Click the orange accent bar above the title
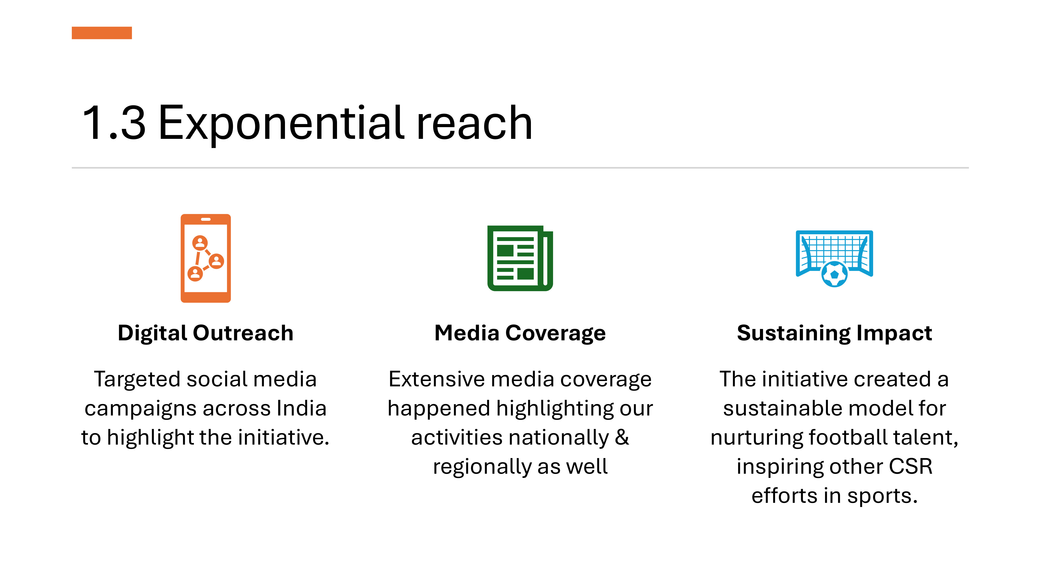tap(102, 33)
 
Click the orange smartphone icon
tap(206, 258)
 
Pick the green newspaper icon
tap(520, 258)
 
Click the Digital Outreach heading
tap(206, 334)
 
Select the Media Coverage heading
tap(520, 334)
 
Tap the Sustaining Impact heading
tap(835, 334)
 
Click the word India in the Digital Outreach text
tap(301, 408)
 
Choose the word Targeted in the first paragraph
tap(137, 380)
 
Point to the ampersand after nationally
tap(622, 438)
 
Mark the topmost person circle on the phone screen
tap(200, 243)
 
